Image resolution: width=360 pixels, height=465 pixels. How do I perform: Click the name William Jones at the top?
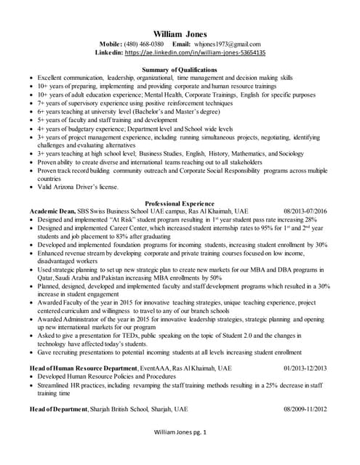[180, 33]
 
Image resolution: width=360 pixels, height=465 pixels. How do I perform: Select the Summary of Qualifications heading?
[180, 69]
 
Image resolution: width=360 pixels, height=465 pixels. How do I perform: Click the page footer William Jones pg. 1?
[180, 453]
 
